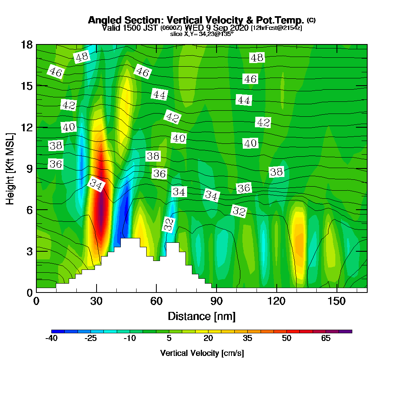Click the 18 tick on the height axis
pyautogui.click(x=27, y=44)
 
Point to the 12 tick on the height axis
pyautogui.click(x=27, y=127)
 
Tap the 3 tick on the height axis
pyautogui.click(x=27, y=251)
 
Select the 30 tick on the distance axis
pyautogui.click(x=96, y=301)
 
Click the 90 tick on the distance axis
pyautogui.click(x=217, y=301)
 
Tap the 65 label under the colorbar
pyautogui.click(x=326, y=338)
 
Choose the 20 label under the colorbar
pyautogui.click(x=208, y=338)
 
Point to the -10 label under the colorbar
pyautogui.click(x=130, y=338)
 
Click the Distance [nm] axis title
pyautogui.click(x=202, y=316)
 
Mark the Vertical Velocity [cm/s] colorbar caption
pyautogui.click(x=202, y=353)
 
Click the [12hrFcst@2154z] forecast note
pyautogui.click(x=276, y=28)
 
